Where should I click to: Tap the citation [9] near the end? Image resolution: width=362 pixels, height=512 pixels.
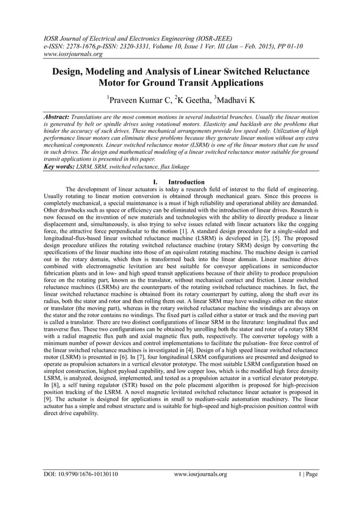tap(50, 398)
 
